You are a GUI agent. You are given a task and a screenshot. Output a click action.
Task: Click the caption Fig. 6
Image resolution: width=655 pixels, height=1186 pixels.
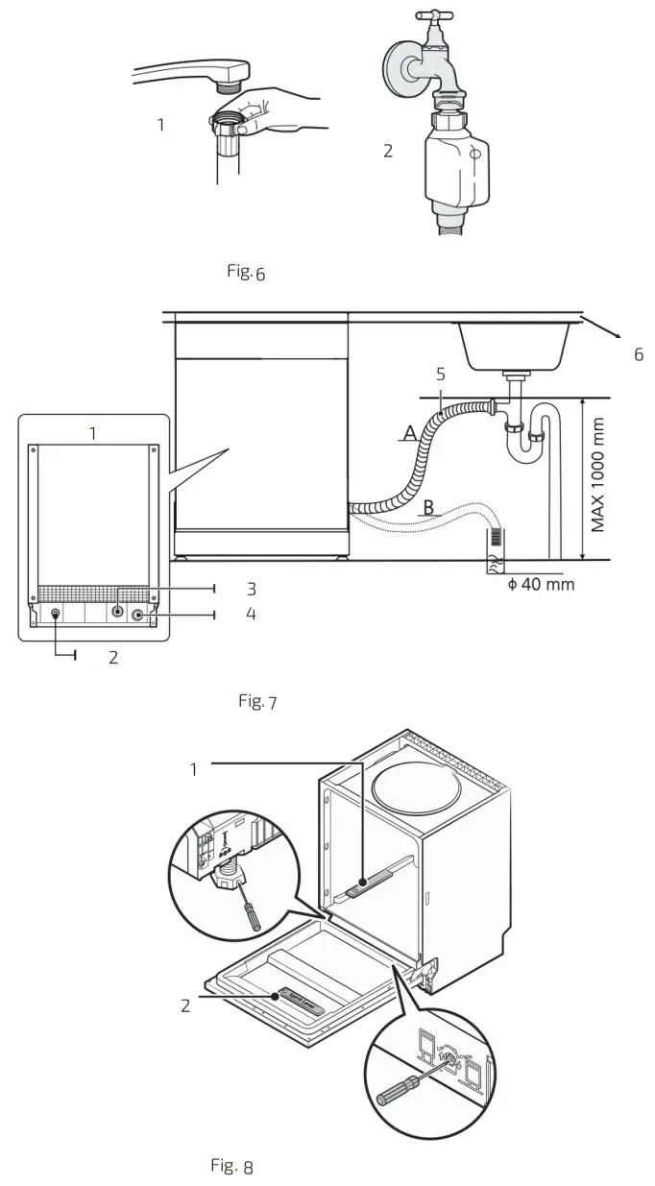tap(245, 272)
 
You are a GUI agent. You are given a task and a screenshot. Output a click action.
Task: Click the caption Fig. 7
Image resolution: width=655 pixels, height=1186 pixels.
tap(257, 703)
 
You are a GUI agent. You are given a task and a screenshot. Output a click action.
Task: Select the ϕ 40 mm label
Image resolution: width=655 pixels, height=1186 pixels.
tap(541, 584)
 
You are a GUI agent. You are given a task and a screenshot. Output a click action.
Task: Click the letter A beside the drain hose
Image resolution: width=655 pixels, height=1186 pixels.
tap(410, 434)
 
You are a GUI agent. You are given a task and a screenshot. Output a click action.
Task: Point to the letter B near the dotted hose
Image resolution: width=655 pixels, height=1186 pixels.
tap(429, 507)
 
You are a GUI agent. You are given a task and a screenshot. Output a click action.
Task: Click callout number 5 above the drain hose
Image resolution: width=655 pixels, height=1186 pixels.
tap(441, 375)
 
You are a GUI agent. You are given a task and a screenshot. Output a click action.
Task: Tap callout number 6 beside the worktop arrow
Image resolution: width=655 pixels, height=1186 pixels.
tap(638, 355)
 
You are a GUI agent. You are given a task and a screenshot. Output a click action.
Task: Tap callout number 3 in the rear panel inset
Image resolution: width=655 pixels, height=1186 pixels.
tap(250, 588)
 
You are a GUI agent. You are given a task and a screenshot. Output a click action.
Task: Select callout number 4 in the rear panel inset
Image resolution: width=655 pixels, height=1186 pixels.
tap(250, 614)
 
